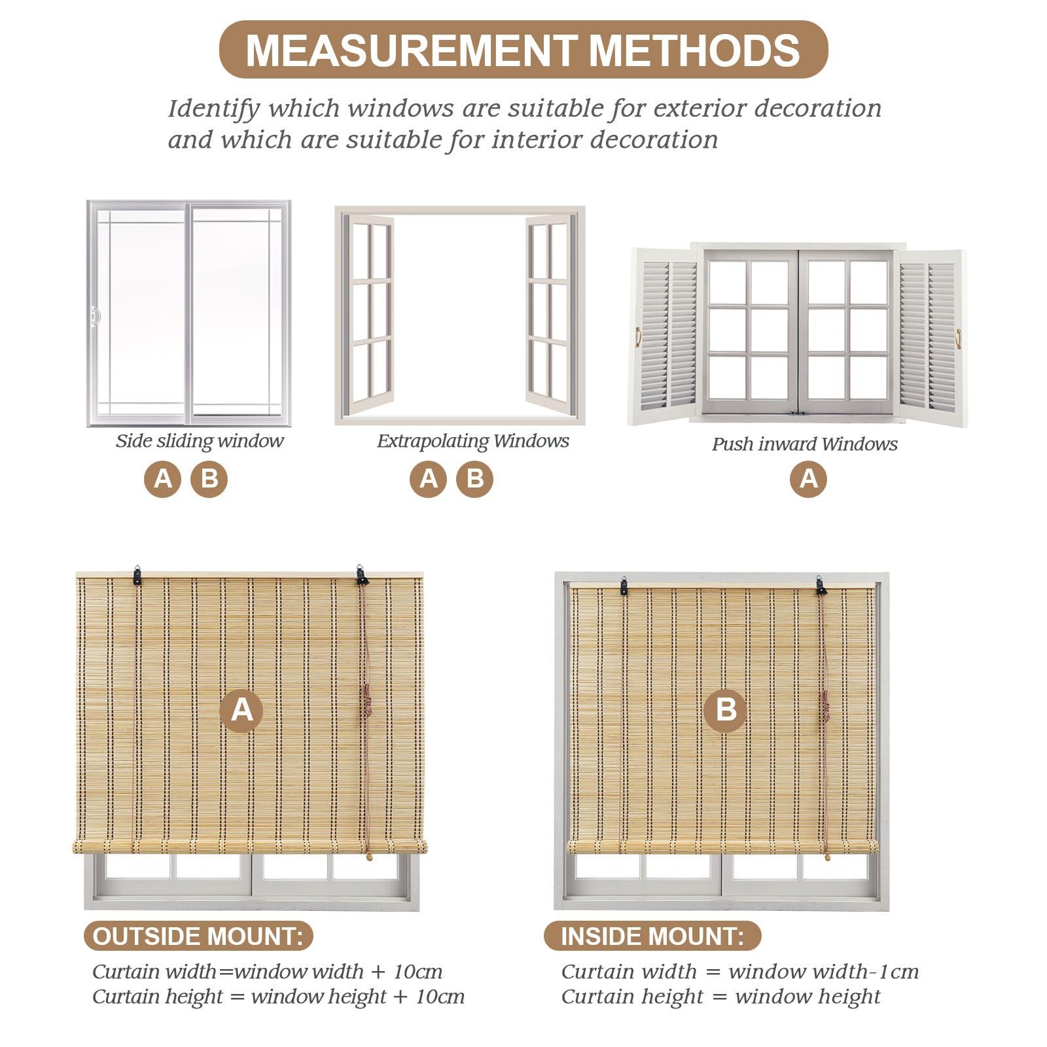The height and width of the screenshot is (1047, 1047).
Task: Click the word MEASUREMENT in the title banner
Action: pos(410,50)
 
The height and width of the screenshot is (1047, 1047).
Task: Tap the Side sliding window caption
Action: pos(200,441)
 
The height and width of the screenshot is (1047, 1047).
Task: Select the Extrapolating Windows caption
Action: pos(472,441)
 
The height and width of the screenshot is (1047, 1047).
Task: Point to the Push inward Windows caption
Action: pos(804,444)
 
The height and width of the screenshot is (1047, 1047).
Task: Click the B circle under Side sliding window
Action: pos(209,479)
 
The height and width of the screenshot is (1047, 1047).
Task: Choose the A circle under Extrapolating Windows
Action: pos(428,479)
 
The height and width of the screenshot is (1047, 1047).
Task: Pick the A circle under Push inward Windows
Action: pos(808,479)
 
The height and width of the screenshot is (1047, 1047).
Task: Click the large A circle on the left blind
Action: pos(241,710)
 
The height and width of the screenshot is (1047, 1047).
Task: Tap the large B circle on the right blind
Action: pos(725,710)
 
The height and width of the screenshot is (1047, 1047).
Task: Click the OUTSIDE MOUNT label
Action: pos(198,936)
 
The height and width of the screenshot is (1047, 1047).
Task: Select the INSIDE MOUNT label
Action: pos(652,936)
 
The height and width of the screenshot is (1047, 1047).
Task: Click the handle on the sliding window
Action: pos(96,317)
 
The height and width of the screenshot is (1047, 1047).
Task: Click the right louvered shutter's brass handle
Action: pos(959,338)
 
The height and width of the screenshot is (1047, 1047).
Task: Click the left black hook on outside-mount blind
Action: pos(137,575)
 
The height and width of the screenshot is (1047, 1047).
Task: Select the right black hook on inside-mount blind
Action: pos(821,585)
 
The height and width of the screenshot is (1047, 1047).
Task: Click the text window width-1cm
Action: pos(823,972)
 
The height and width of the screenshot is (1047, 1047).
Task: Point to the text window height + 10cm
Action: pos(357,997)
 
